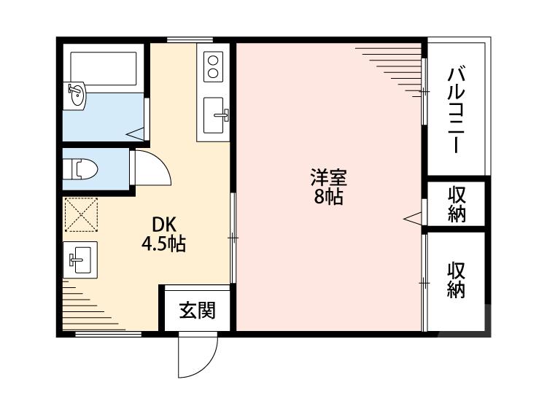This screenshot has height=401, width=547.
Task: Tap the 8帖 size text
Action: [x=328, y=197]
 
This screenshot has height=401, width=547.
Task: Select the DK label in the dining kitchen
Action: [x=164, y=225]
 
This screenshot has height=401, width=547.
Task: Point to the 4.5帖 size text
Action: [x=163, y=244]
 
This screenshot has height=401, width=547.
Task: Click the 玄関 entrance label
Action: [x=197, y=310]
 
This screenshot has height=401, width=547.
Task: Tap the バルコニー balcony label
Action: [x=457, y=109]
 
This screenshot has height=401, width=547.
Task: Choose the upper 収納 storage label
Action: [x=457, y=204]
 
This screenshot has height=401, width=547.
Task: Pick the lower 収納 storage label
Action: [x=457, y=280]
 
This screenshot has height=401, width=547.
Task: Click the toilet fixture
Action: [x=84, y=169]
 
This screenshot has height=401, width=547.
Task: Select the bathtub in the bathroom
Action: [x=104, y=69]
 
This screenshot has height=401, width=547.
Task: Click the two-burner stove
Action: [x=213, y=67]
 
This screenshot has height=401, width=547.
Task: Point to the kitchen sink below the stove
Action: [x=214, y=115]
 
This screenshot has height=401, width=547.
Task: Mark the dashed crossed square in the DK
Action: [x=81, y=214]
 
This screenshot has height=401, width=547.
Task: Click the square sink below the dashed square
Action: [x=80, y=260]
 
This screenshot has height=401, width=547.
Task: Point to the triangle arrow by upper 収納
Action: [x=412, y=219]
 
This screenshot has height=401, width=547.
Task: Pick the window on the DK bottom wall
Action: [x=109, y=334]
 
